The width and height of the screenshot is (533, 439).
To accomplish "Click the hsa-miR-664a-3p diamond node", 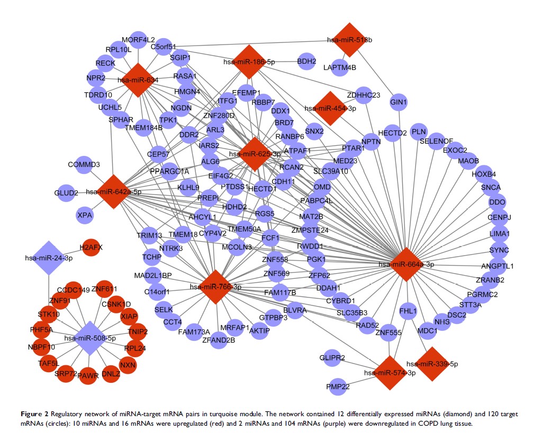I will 406,264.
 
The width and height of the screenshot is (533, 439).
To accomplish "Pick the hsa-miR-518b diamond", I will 349,40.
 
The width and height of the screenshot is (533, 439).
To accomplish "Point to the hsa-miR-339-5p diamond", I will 432,364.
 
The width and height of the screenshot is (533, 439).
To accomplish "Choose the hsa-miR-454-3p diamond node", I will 330,108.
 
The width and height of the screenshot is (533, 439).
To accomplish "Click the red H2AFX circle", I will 90,247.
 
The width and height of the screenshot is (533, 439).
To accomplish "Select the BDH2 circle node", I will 306,62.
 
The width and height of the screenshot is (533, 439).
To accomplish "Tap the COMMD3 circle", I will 84,164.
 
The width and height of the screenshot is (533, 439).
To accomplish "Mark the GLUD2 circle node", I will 67,192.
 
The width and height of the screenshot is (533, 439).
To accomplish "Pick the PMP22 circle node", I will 338,387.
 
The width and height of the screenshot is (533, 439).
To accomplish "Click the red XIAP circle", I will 129,317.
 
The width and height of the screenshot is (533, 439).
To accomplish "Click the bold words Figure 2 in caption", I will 23,412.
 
